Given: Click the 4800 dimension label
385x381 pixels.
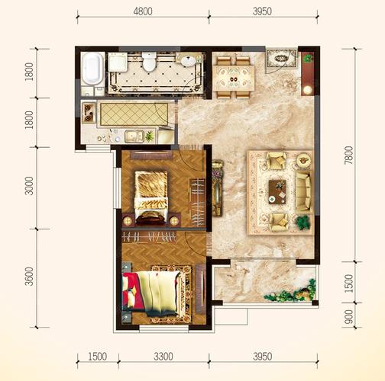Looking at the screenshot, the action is click(143, 11).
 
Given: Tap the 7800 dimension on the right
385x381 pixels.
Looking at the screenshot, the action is click(349, 155).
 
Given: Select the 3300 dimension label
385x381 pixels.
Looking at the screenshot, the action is click(163, 357).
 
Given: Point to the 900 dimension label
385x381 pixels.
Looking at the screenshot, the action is click(349, 316).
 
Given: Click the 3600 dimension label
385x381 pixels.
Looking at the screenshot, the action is click(29, 277).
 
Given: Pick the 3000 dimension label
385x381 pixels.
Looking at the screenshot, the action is click(29, 186).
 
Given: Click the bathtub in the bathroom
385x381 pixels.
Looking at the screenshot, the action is click(92, 69).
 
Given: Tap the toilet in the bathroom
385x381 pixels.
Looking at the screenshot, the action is click(149, 61).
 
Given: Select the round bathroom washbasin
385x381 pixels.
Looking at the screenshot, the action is click(188, 61).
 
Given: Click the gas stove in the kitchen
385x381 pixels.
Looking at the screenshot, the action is click(89, 113).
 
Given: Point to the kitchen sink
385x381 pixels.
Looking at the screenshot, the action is click(134, 136).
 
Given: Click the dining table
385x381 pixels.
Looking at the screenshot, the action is click(234, 78).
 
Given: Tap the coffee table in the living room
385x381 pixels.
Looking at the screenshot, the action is click(277, 192).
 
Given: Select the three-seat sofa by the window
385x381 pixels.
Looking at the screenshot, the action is click(303, 192).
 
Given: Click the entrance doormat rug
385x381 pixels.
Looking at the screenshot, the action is click(282, 58).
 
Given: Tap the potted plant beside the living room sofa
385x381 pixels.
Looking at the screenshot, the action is click(303, 223).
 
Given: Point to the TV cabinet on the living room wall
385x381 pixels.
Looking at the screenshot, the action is click(217, 188).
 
